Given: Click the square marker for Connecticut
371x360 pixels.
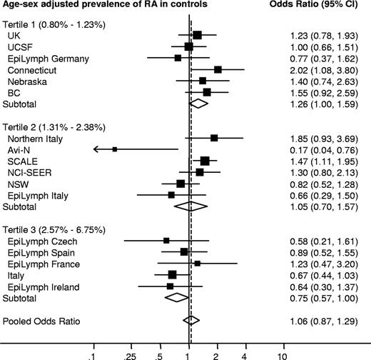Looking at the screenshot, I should point(218,69).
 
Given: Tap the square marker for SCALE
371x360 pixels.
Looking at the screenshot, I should point(205,161).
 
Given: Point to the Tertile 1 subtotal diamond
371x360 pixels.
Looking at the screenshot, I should point(198,103).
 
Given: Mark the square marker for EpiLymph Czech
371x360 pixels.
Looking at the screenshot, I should point(166,241).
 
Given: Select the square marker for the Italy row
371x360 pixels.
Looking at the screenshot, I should point(172,274).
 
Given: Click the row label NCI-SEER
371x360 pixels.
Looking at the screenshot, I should point(28,172).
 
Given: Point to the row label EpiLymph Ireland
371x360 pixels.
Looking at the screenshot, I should point(40,286).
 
